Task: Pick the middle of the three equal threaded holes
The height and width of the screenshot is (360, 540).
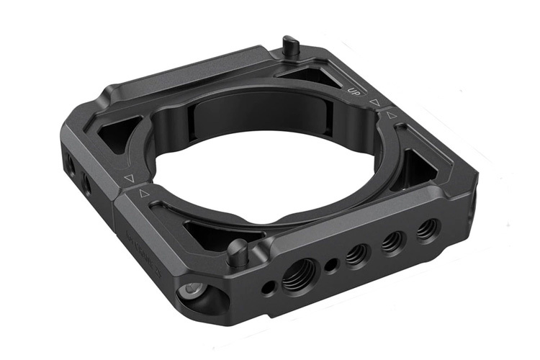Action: pos(392,241)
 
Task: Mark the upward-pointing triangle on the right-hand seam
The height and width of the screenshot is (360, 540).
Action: pos(391,114)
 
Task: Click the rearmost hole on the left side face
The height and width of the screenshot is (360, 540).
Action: pos(70,161)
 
